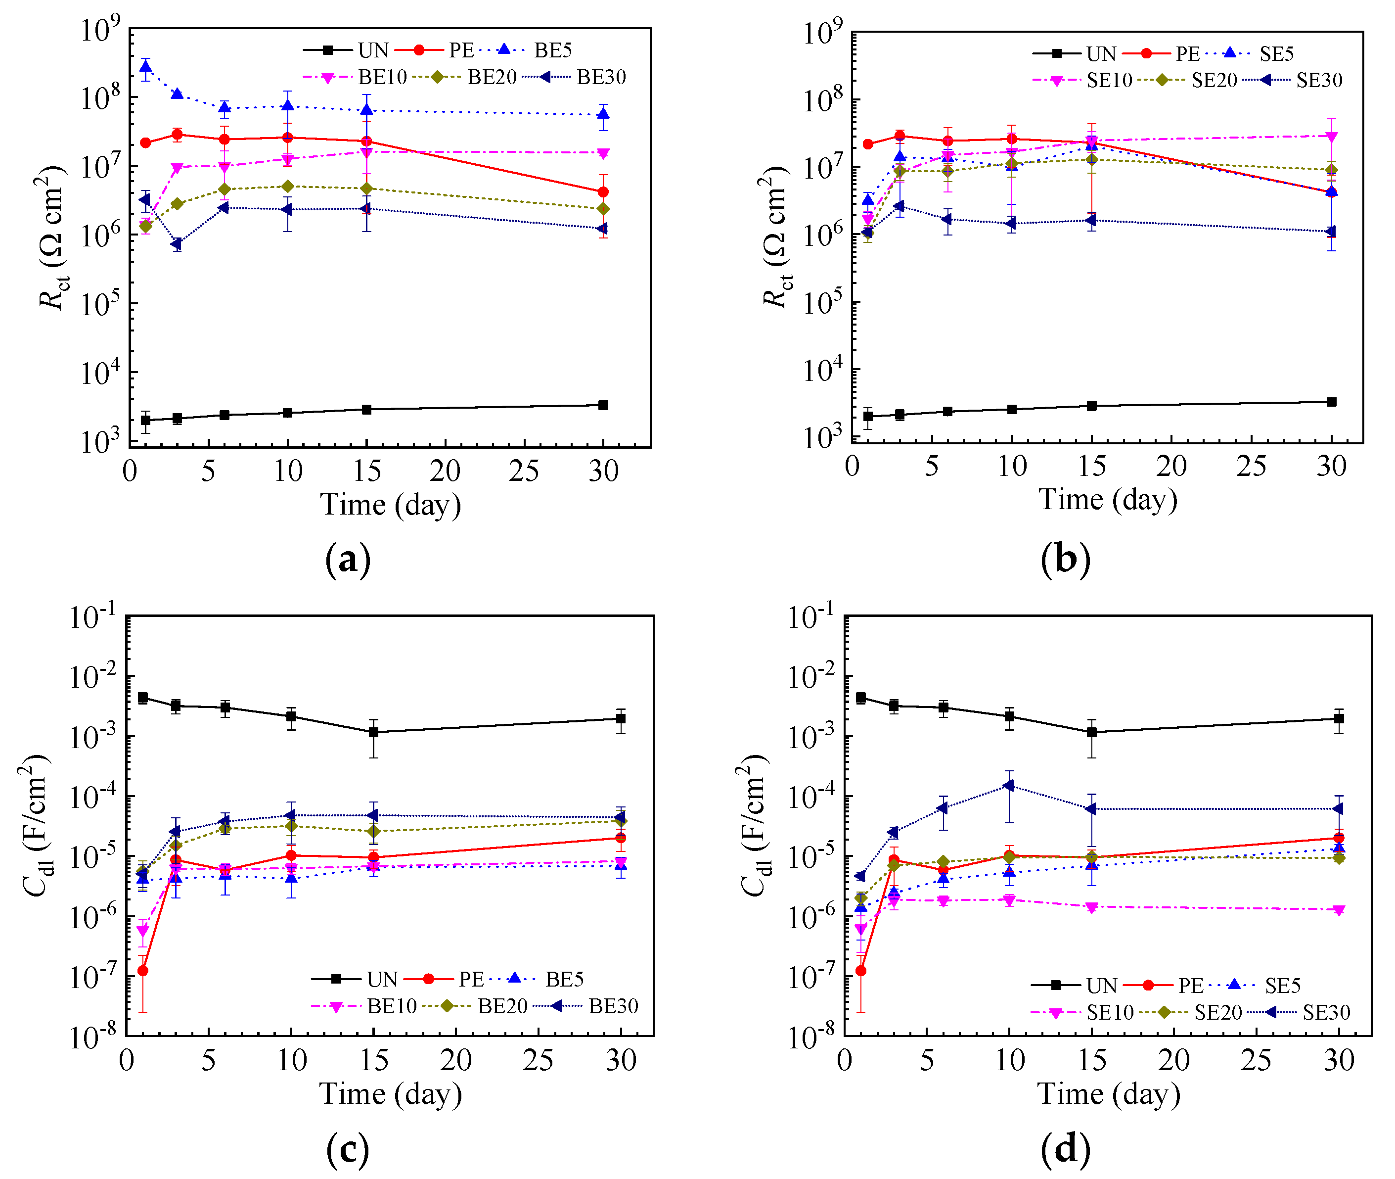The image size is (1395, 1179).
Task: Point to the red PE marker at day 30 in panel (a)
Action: (603, 192)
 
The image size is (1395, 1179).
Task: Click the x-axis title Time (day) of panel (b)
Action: (1108, 499)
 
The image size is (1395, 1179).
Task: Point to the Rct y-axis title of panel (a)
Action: (52, 237)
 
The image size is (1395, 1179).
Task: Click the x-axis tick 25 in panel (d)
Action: (1256, 1061)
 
